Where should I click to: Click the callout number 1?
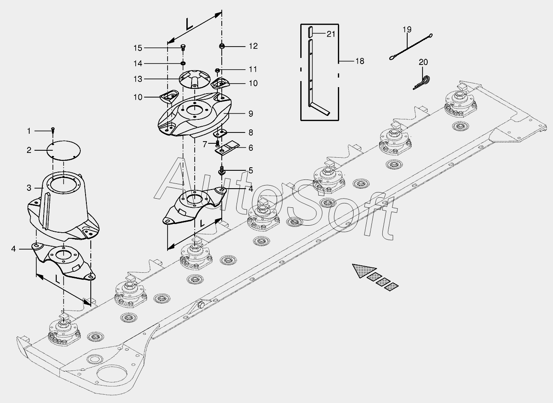(29, 131)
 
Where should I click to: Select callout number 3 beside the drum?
(29, 188)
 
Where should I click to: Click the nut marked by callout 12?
(222, 46)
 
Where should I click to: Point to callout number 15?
(138, 47)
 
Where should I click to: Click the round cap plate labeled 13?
(194, 78)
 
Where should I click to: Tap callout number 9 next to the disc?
(251, 114)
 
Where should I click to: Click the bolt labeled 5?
(222, 170)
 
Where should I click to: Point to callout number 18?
(359, 61)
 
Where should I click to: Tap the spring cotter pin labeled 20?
(422, 82)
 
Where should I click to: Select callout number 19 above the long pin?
(407, 30)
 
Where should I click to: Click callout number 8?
(251, 132)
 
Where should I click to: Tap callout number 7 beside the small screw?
(205, 143)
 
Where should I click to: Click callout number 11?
(253, 69)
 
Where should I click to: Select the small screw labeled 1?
(53, 129)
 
